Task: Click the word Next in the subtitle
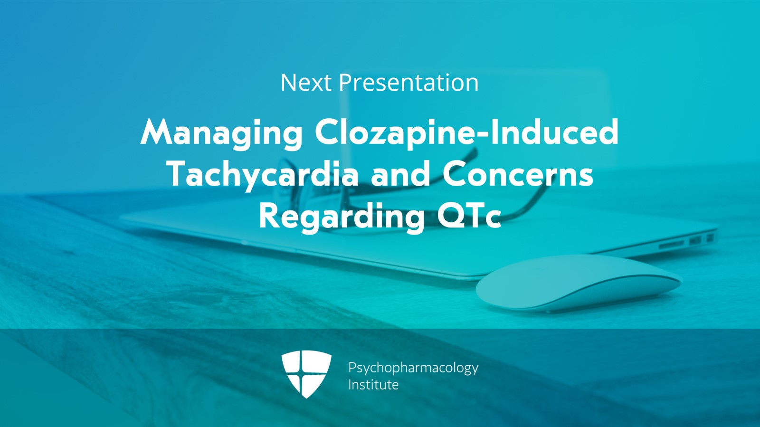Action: [306, 83]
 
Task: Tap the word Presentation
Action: [409, 83]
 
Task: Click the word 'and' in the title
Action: [401, 174]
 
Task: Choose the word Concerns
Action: [518, 174]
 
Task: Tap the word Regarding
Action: [342, 218]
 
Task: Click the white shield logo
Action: [306, 373]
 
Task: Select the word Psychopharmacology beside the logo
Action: [413, 369]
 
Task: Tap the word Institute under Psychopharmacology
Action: [373, 385]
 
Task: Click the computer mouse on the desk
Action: [579, 284]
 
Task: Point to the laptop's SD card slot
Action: [671, 244]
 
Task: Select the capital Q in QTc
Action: [452, 216]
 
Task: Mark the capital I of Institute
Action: [350, 385]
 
